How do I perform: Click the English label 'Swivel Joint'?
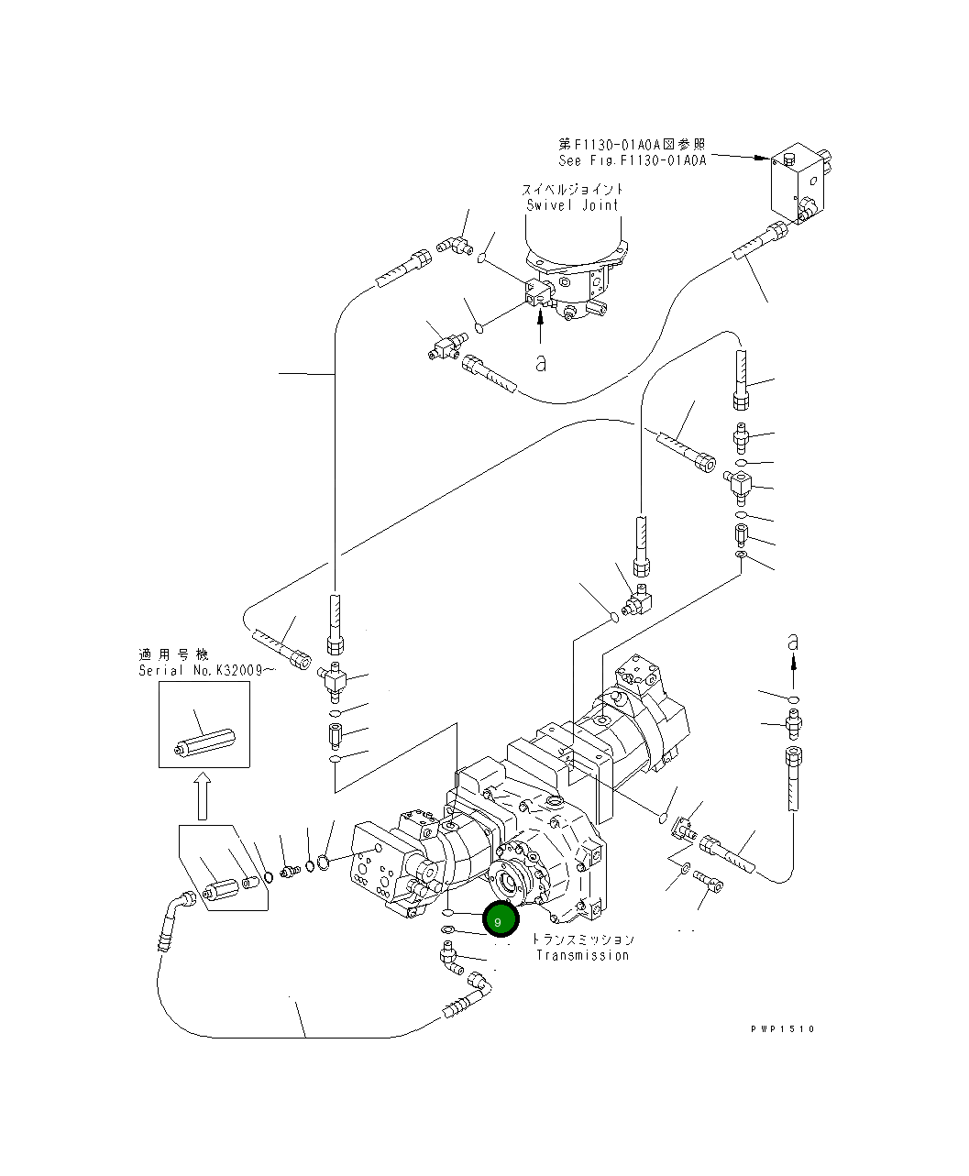[573, 205]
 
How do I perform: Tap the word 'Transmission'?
[582, 955]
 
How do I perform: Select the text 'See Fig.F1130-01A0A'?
[633, 159]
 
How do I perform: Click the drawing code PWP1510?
[780, 1028]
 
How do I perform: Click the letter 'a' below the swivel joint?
[541, 364]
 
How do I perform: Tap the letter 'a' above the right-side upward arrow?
[794, 643]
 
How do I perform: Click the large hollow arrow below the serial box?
[203, 794]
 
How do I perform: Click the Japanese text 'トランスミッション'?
[583, 940]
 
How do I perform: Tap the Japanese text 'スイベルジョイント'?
[573, 190]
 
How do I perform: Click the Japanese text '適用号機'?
[173, 654]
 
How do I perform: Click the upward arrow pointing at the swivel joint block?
[541, 320]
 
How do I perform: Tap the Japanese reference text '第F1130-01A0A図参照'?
[633, 144]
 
